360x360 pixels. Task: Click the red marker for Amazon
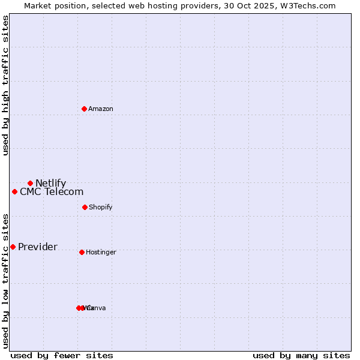(x=84, y=109)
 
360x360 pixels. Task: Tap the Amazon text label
(x=101, y=109)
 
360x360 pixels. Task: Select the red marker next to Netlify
(x=30, y=183)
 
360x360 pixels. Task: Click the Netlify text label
(x=50, y=184)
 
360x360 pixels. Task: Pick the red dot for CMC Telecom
(x=14, y=191)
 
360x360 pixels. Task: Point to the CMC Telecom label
(x=52, y=192)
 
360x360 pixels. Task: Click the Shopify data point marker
(x=85, y=207)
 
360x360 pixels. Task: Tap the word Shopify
(x=100, y=208)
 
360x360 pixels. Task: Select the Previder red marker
(x=13, y=247)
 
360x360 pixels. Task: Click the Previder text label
(x=38, y=247)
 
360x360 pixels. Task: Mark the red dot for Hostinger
(x=82, y=252)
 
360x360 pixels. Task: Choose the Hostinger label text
(x=101, y=253)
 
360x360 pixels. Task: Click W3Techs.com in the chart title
(x=308, y=5)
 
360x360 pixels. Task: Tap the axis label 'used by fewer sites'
(x=62, y=355)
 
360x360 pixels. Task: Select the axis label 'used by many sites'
(x=301, y=355)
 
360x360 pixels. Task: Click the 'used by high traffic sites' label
(x=5, y=85)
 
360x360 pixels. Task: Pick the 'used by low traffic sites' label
(x=5, y=280)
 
